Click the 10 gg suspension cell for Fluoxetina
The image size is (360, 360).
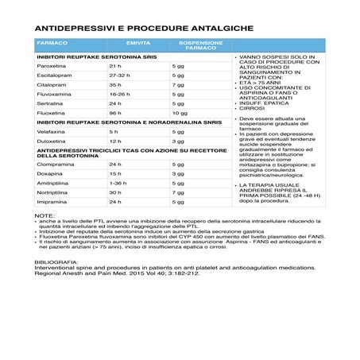(x=179, y=123)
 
